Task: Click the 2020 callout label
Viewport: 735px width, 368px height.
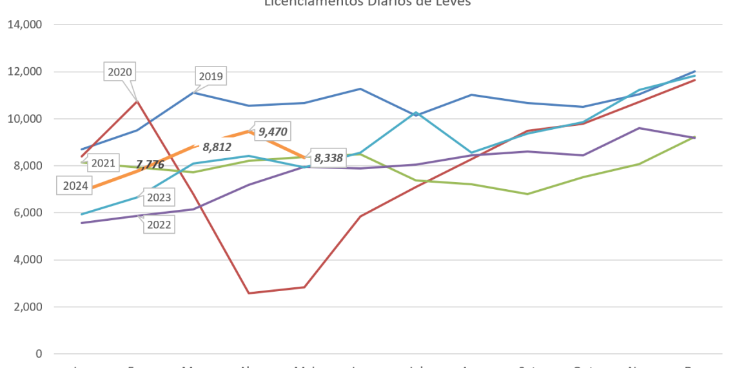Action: click(x=120, y=72)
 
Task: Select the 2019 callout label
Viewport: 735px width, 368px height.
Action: click(x=211, y=77)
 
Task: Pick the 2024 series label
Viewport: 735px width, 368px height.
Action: click(x=75, y=186)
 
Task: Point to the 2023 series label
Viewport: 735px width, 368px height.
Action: click(x=159, y=198)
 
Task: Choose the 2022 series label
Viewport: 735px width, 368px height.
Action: click(x=159, y=224)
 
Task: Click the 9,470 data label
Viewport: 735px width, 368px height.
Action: click(x=273, y=132)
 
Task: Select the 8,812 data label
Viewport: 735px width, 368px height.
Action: click(x=217, y=147)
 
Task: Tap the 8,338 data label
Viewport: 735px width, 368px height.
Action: click(x=328, y=158)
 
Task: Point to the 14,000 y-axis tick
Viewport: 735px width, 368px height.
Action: click(x=25, y=25)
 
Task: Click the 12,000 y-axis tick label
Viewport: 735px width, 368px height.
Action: click(x=25, y=72)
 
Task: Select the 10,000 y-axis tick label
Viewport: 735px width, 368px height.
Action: click(x=25, y=119)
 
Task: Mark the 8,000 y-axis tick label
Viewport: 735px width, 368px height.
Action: click(x=28, y=166)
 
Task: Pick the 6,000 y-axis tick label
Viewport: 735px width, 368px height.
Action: click(x=28, y=213)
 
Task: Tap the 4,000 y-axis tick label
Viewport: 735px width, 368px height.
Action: click(x=28, y=260)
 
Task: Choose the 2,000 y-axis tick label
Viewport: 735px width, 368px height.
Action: click(x=28, y=307)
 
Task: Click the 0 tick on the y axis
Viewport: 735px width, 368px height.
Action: click(x=40, y=354)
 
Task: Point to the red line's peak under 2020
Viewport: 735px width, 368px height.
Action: click(x=137, y=100)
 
